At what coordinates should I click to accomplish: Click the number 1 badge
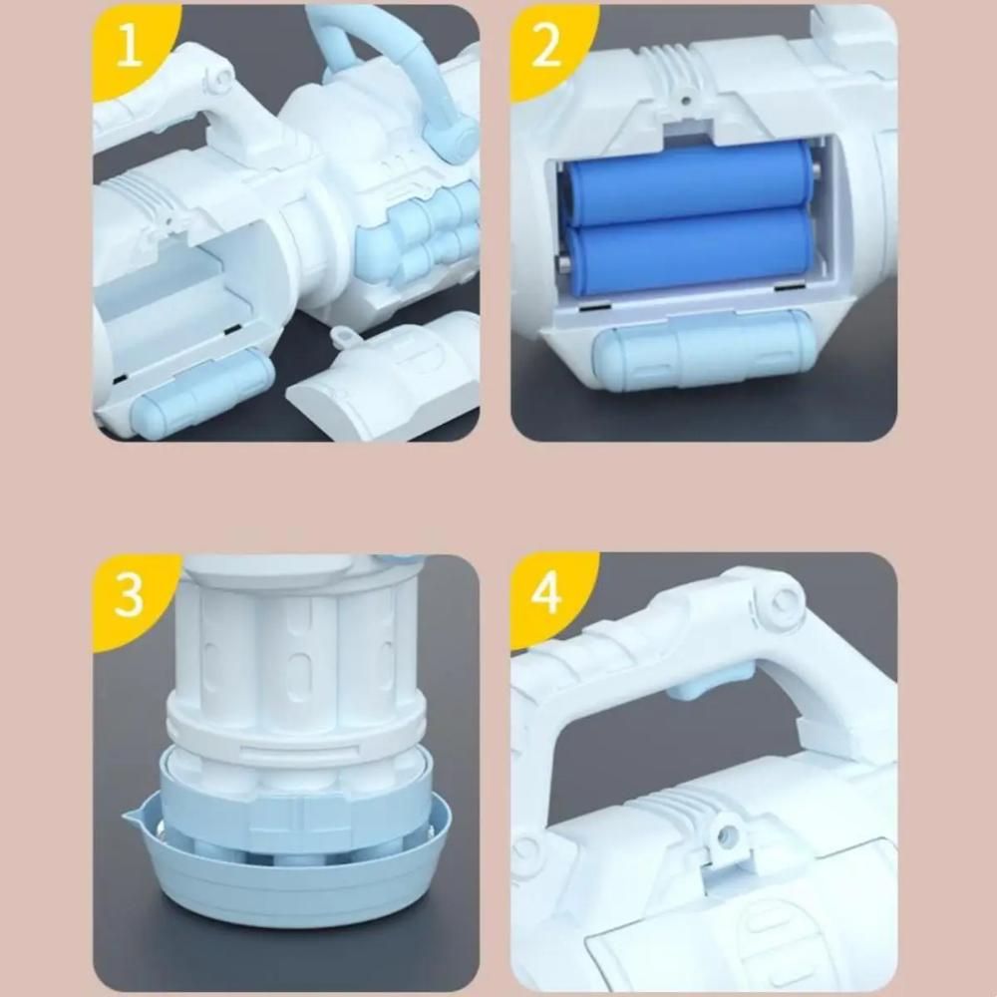[130, 47]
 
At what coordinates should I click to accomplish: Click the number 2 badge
[546, 47]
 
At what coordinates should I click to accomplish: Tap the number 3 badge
[130, 596]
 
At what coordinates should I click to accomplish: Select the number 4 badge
[546, 595]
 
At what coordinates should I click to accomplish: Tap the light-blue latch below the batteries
[703, 349]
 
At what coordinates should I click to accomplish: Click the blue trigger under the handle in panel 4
[711, 679]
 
